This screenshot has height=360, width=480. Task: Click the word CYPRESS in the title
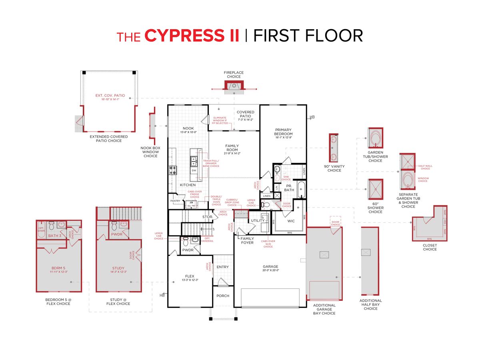(x=192, y=36)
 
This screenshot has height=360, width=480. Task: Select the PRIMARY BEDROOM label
(x=284, y=132)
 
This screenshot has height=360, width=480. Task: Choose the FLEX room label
(x=190, y=276)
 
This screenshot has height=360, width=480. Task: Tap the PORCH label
(x=223, y=296)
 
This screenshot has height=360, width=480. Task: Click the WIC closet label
(x=291, y=220)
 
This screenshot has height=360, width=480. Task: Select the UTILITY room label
(x=258, y=220)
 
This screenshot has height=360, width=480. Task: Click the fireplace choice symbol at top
(x=234, y=85)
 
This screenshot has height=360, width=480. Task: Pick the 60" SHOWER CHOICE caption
(x=375, y=210)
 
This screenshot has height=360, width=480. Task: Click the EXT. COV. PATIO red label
(x=110, y=96)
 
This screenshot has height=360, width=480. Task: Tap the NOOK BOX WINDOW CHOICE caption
(x=150, y=152)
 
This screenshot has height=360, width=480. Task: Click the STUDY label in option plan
(x=118, y=268)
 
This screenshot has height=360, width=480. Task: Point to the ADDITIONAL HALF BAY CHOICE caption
(x=370, y=304)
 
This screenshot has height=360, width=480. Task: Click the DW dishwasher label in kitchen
(x=194, y=170)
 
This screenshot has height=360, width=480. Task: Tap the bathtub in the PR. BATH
(x=301, y=190)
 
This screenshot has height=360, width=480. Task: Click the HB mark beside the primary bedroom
(x=312, y=117)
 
